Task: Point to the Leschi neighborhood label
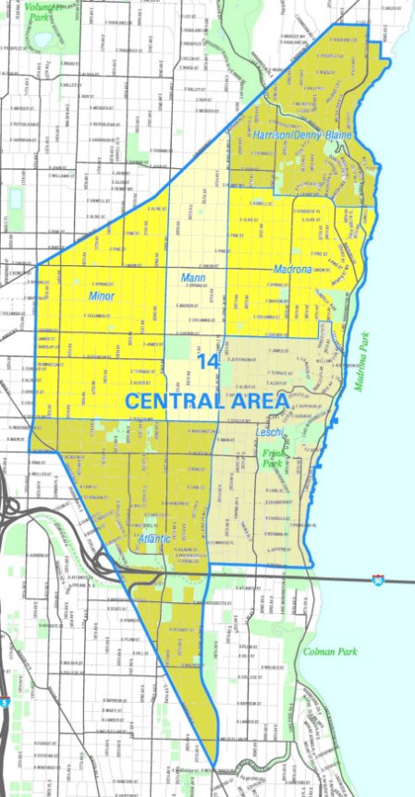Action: coord(270,430)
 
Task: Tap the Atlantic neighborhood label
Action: coord(154,538)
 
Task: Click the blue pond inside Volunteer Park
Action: coord(42,42)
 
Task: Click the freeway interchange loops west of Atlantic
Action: coord(23,517)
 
